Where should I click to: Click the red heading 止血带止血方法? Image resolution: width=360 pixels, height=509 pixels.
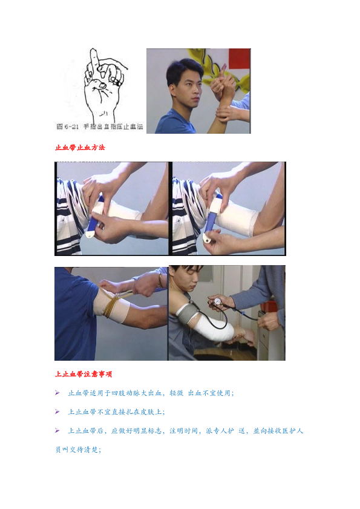80,148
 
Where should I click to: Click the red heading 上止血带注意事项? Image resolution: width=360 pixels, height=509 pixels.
83,374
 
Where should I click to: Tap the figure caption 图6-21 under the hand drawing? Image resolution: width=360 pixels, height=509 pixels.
68,126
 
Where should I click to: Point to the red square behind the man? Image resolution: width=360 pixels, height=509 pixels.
240,59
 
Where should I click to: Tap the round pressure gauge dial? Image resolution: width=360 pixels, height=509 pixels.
217,301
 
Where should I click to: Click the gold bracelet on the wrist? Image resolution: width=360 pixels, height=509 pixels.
160,280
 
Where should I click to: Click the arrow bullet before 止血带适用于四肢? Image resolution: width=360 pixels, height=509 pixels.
57,393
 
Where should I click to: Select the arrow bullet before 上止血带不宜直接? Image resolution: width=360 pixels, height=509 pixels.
57,412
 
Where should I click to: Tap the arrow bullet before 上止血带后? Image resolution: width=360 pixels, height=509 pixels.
57,430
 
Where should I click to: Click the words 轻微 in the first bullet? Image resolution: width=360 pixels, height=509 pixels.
176,393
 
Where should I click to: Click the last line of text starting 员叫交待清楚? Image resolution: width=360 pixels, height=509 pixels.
78,450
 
